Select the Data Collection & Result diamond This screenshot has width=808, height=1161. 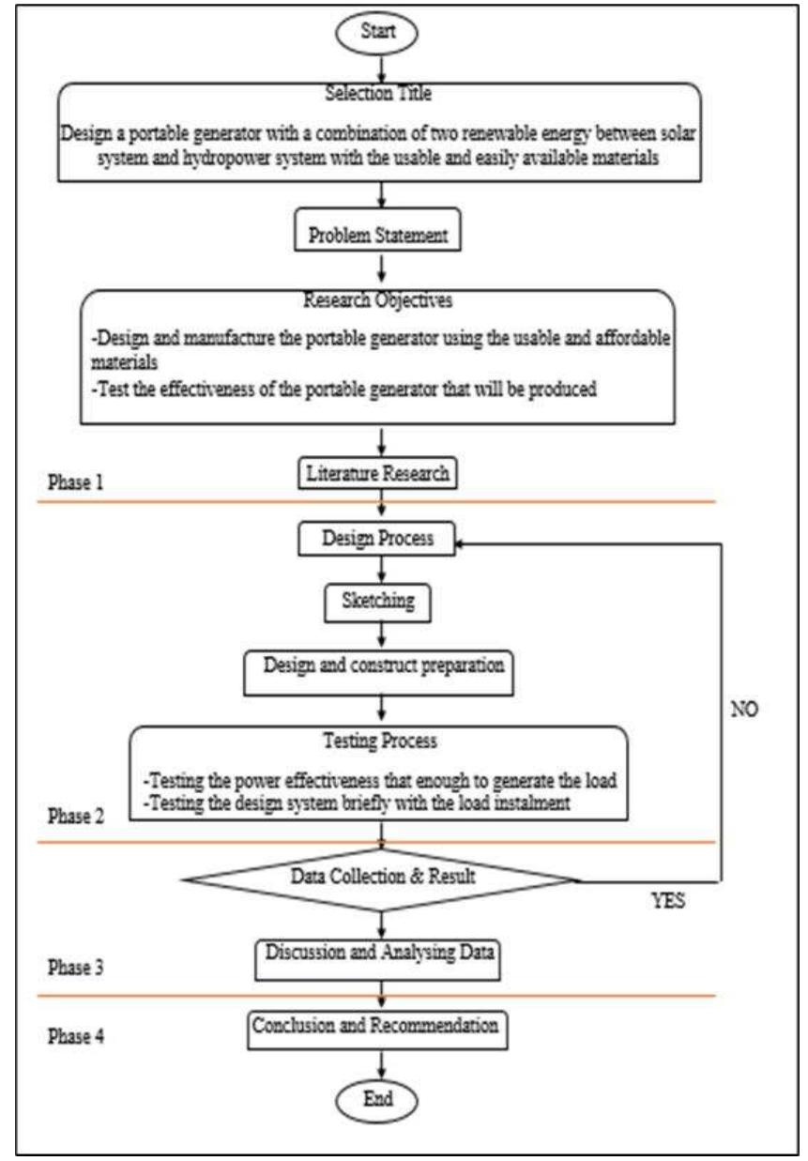point(383,879)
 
